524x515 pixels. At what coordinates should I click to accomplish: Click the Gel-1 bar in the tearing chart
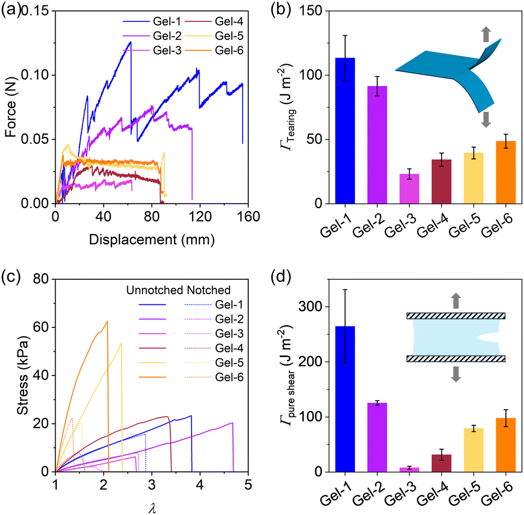345,130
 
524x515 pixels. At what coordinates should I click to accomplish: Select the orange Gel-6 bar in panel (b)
506,172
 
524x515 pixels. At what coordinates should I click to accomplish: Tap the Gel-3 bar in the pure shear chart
409,470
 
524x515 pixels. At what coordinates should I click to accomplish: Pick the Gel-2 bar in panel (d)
377,437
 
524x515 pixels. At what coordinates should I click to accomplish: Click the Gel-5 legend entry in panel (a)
214,36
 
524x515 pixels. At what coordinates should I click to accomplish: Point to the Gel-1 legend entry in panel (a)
151,21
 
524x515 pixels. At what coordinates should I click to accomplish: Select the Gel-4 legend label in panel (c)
229,348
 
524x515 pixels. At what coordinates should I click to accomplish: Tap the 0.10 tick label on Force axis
35,75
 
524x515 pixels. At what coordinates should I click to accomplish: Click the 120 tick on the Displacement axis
200,217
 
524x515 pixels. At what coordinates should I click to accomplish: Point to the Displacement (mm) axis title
151,240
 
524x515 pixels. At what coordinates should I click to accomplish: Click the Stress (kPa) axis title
22,375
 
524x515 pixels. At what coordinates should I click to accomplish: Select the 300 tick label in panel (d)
309,306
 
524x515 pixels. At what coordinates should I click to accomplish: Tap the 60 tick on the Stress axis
41,327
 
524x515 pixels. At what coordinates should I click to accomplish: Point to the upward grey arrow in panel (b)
486,35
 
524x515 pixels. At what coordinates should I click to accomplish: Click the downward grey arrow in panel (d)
456,374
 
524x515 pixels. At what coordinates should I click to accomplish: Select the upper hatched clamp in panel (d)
456,316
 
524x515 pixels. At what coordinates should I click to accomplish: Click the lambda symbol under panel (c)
152,509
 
